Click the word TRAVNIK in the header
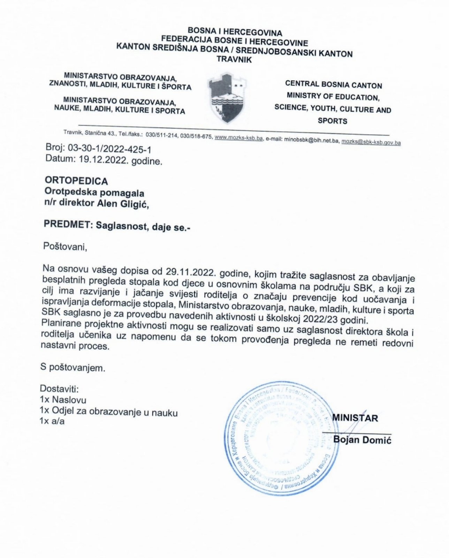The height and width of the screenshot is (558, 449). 234,59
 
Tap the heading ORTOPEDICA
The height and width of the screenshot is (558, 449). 76,181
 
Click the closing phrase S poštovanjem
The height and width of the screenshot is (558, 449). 73,368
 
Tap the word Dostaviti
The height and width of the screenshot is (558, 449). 59,389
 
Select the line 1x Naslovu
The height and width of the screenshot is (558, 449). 63,400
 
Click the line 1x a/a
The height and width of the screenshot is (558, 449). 52,421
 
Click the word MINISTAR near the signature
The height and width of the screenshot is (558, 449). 355,418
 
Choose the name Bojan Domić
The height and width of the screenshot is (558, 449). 363,440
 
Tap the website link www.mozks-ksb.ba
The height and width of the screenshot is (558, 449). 238,138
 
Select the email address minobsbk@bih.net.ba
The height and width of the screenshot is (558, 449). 312,140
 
